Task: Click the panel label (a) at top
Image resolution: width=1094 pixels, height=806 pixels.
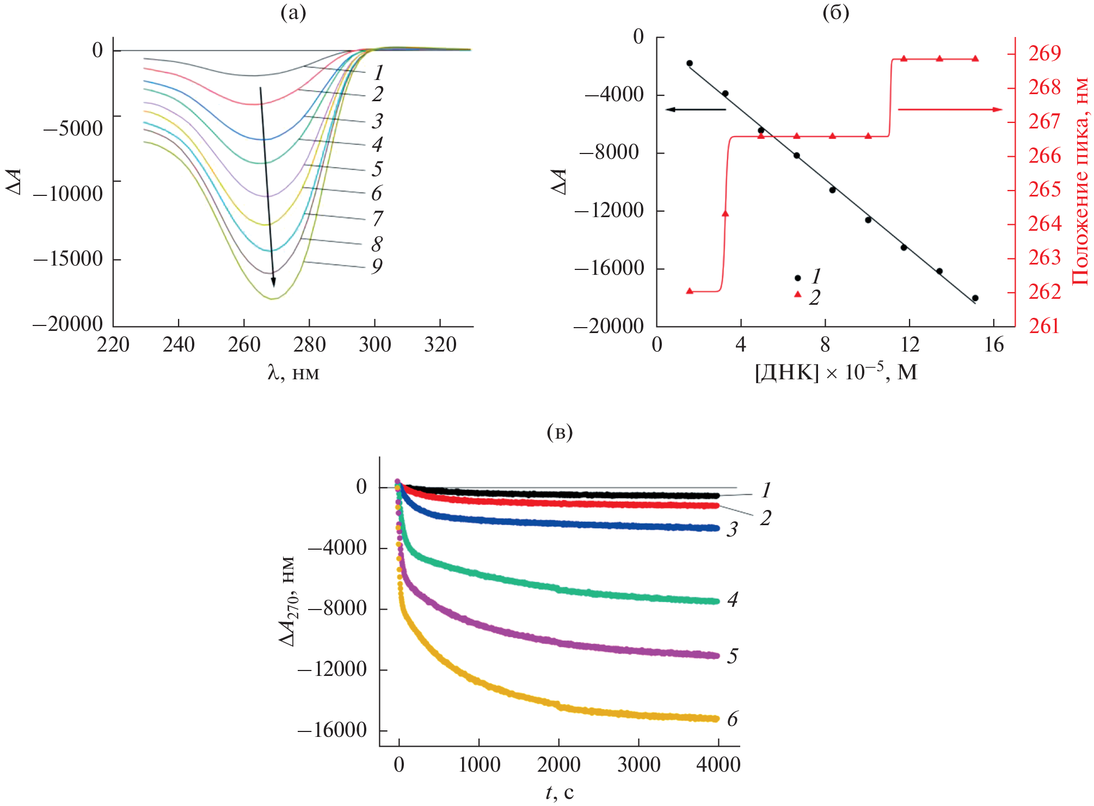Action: pyautogui.click(x=293, y=12)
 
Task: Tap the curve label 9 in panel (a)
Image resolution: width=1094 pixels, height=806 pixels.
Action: pyautogui.click(x=377, y=267)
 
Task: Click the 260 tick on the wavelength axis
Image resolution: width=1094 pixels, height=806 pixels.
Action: pyautogui.click(x=244, y=344)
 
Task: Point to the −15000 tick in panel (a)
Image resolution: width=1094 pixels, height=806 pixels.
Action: pyautogui.click(x=69, y=259)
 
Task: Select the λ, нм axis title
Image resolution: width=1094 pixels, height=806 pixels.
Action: pyautogui.click(x=293, y=373)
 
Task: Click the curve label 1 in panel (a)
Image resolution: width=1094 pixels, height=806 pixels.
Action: pyautogui.click(x=378, y=72)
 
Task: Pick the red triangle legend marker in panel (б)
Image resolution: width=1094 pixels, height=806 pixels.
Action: pyautogui.click(x=798, y=294)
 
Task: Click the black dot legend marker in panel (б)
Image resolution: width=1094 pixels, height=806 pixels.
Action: pyautogui.click(x=798, y=278)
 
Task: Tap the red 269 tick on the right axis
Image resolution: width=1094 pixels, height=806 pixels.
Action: pyautogui.click(x=1044, y=53)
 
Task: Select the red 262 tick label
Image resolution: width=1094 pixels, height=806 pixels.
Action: pyautogui.click(x=1044, y=292)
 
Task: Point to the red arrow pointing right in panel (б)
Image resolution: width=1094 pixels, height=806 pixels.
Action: pyautogui.click(x=950, y=109)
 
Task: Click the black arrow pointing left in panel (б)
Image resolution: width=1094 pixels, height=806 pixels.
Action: pyautogui.click(x=696, y=109)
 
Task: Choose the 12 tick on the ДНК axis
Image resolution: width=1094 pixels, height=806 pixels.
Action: pyautogui.click(x=909, y=344)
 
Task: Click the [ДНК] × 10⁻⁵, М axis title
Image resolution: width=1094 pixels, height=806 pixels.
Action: pyautogui.click(x=836, y=373)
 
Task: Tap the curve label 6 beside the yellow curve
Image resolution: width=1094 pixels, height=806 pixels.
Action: pyautogui.click(x=733, y=719)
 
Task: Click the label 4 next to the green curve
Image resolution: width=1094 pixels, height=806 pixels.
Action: pyautogui.click(x=733, y=600)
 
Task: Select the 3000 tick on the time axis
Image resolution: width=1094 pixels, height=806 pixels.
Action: pyautogui.click(x=638, y=765)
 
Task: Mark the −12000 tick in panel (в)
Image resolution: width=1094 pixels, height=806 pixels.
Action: pyautogui.click(x=333, y=669)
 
